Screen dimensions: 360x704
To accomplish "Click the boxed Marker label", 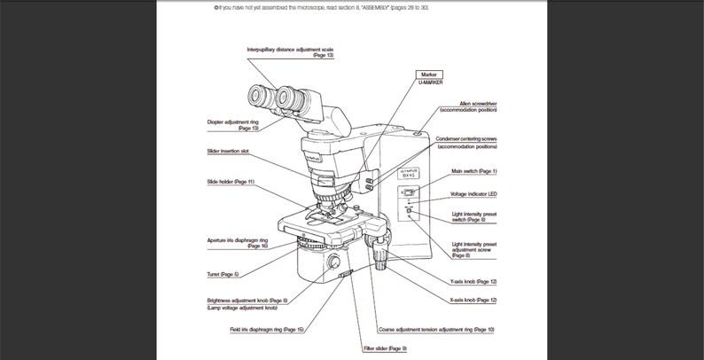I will click(429, 74).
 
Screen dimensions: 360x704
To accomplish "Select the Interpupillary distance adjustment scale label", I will click(289, 51).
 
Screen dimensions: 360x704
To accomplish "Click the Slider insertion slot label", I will click(227, 151).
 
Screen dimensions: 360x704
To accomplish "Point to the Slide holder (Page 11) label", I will click(231, 182).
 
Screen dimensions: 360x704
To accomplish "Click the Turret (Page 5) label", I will click(223, 275).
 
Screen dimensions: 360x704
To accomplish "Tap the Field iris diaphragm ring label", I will click(266, 329).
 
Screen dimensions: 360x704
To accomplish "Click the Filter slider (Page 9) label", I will click(385, 348).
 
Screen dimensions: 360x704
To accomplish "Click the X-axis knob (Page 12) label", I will click(473, 301).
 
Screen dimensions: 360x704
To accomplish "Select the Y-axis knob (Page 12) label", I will click(473, 281).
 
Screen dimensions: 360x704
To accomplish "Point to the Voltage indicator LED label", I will click(473, 193).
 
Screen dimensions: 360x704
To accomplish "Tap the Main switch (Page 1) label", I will click(474, 170).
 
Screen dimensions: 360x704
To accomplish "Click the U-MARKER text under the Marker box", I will click(430, 82).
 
